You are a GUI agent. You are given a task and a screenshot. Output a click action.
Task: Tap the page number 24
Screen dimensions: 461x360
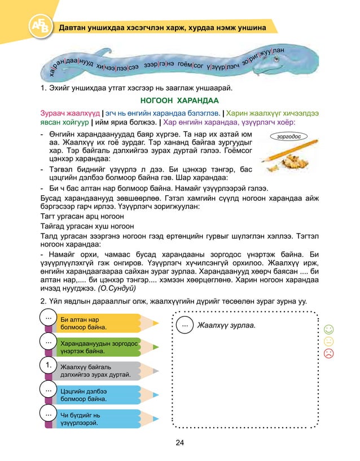click(179, 442)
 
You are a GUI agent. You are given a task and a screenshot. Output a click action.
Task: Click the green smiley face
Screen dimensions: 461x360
click(328, 329)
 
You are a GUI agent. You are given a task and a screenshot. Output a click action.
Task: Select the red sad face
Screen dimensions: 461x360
click(328, 353)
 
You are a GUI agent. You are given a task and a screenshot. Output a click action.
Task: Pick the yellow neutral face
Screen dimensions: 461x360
click(328, 341)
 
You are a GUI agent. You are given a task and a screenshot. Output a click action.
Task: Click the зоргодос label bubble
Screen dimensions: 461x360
click(289, 136)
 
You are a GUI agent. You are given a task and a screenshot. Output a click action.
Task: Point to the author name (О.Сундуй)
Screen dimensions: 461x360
click(116, 288)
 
